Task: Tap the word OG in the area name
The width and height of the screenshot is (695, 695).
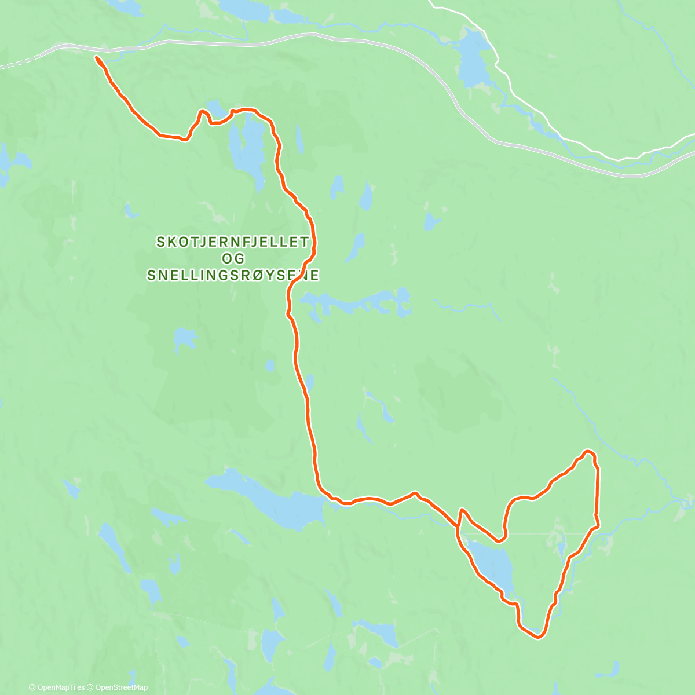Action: tap(233, 258)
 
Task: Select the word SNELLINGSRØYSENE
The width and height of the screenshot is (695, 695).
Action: tap(233, 275)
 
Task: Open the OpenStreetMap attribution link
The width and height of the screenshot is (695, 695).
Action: tap(121, 687)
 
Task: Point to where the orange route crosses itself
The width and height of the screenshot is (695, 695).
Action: tap(459, 528)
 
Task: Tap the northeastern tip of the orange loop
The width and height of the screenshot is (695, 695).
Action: tap(588, 451)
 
